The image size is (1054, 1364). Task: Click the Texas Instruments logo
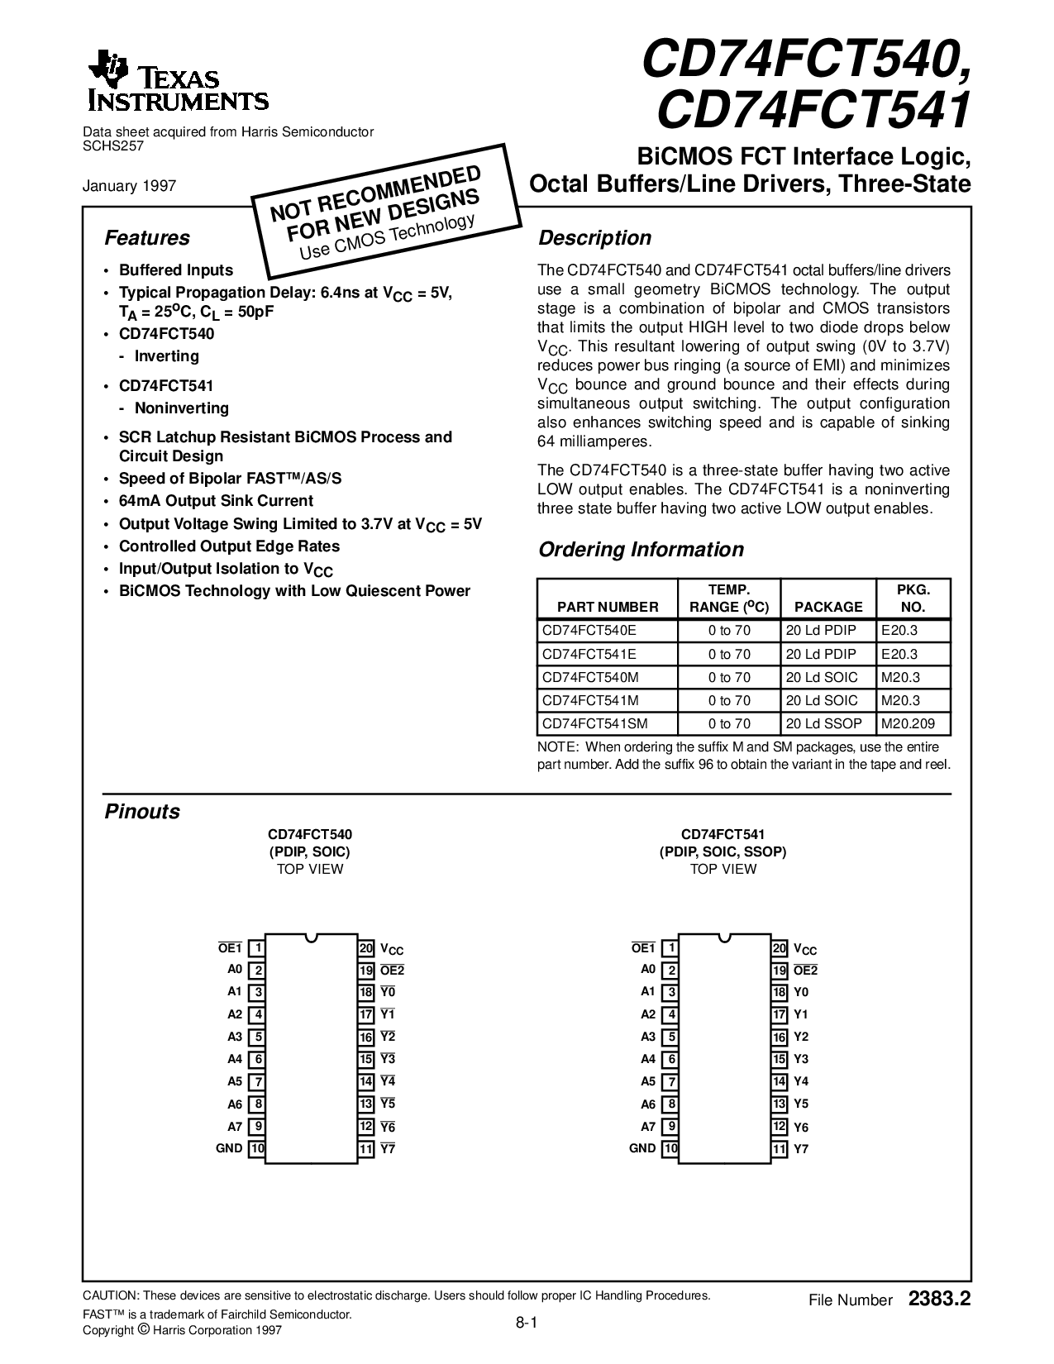(177, 82)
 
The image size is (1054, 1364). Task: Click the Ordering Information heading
(641, 550)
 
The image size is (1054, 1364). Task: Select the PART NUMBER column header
(608, 607)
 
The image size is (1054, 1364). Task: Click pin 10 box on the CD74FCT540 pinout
(257, 1148)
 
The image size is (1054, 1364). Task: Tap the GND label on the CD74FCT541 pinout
(642, 1148)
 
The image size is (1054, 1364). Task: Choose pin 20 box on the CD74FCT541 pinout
(779, 949)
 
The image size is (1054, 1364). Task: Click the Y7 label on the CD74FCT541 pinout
(801, 1149)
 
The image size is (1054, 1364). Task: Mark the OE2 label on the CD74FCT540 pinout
(392, 971)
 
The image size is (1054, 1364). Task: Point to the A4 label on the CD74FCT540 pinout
(235, 1059)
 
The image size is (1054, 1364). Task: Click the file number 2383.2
(938, 1300)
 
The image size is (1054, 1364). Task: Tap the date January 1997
(129, 186)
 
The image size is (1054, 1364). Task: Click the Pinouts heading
(142, 812)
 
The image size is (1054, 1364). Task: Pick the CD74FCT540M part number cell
(590, 677)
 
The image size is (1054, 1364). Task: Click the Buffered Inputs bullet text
(176, 270)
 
